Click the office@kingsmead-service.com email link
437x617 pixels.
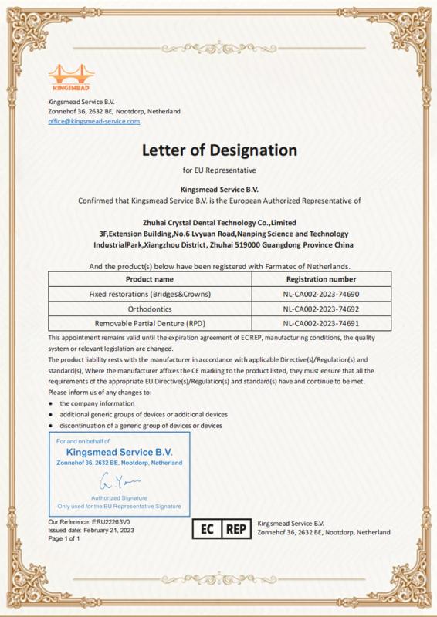93,121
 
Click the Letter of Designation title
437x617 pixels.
218,149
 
